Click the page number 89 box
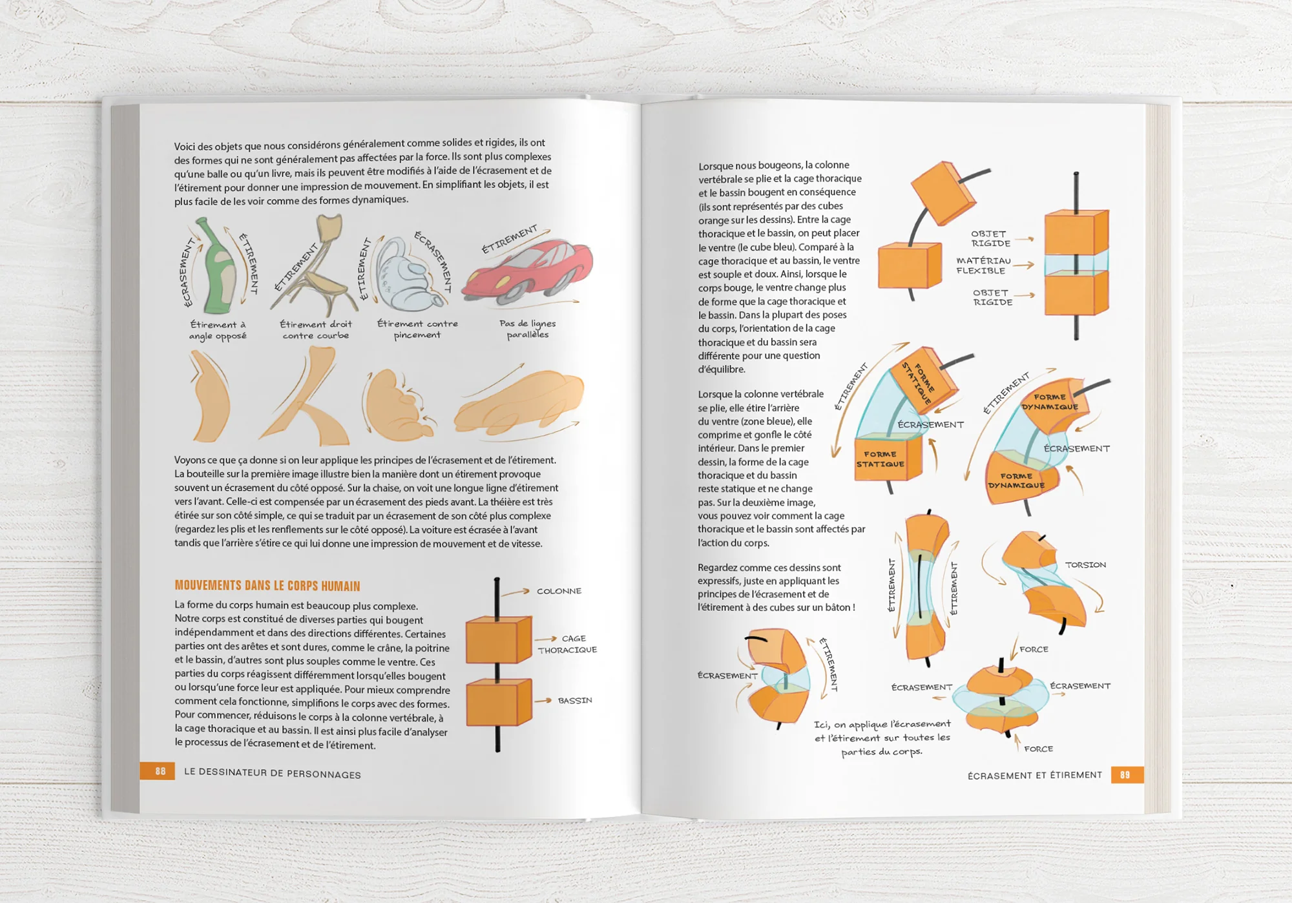(1126, 774)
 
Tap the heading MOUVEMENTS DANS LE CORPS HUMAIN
(267, 586)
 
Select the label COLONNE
(559, 591)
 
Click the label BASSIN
(574, 700)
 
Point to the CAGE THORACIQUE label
(568, 644)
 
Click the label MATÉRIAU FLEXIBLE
(983, 265)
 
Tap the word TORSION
(1085, 565)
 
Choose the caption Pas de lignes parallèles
(527, 329)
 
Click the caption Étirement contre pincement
(417, 329)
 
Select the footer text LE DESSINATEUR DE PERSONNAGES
(272, 773)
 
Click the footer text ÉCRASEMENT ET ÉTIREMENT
(1034, 775)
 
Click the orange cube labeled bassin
(497, 703)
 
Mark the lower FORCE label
(1038, 749)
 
